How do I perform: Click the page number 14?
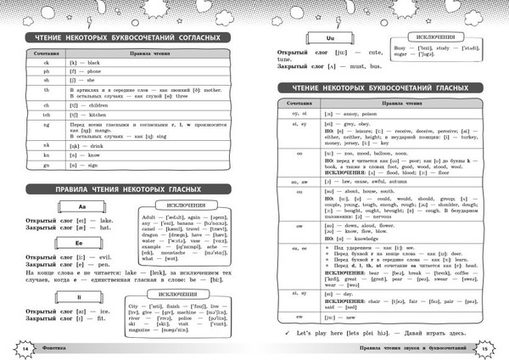[x=25, y=348]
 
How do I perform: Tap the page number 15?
[x=483, y=348]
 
